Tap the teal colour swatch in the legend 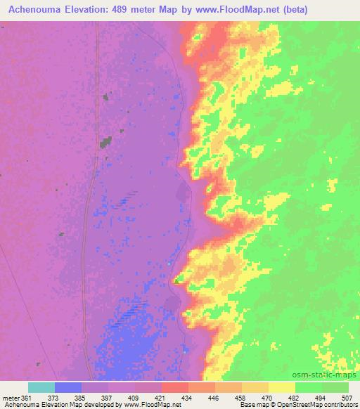coord(41,387)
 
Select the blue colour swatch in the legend coord(68,387)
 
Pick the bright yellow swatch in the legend coord(282,387)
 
